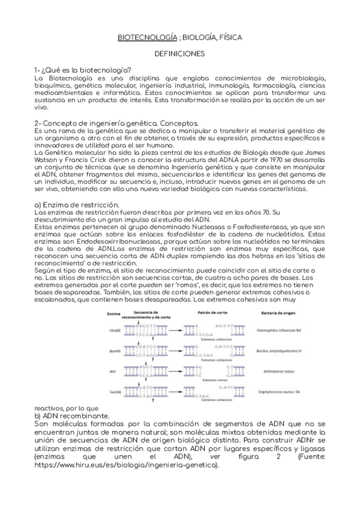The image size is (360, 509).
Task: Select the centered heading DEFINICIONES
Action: point(179,54)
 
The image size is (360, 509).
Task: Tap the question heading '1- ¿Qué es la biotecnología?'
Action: point(83,70)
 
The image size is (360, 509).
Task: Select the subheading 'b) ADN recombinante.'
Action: point(71,415)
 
